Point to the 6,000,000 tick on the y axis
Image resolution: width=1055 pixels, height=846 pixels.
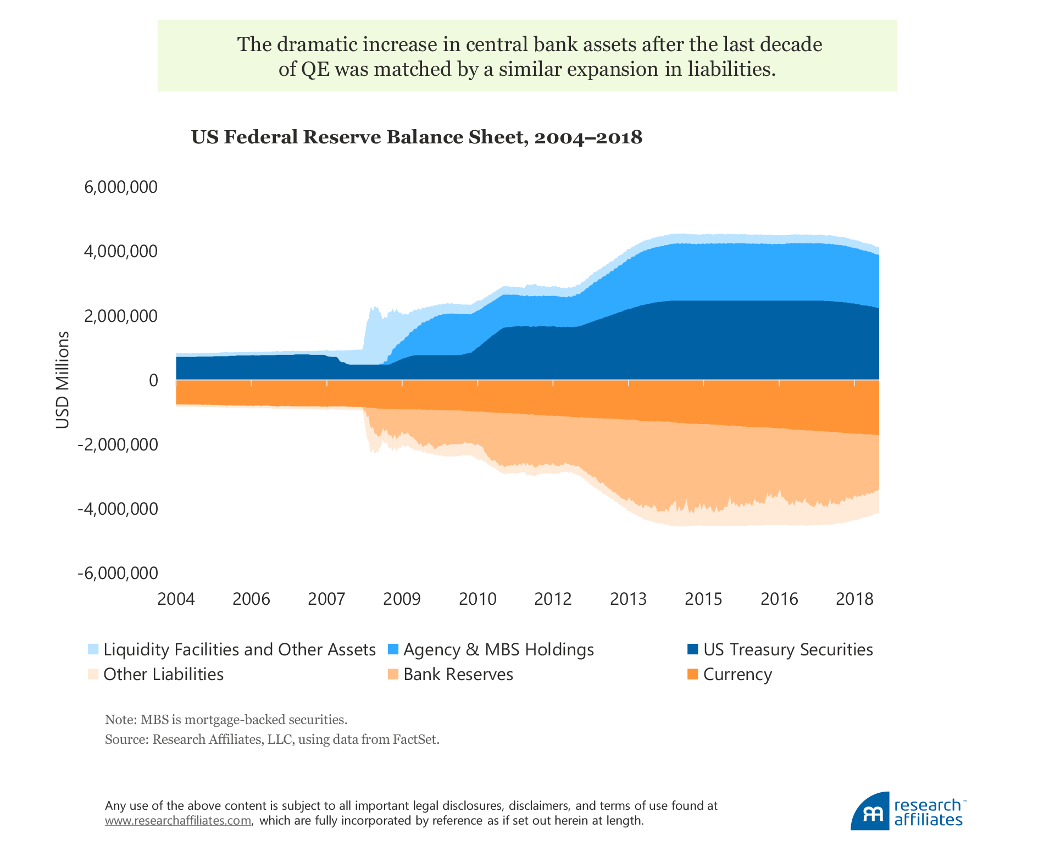(121, 187)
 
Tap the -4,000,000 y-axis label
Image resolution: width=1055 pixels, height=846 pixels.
(118, 509)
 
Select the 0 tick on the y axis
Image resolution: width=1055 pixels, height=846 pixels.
(153, 380)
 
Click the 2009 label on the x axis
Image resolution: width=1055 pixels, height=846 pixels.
(402, 599)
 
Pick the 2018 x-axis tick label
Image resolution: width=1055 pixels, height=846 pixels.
(854, 599)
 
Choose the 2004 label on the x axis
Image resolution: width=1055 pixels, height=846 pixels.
(176, 599)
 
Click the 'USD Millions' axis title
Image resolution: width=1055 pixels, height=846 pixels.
(63, 380)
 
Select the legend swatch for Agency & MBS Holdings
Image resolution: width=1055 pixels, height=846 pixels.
(393, 649)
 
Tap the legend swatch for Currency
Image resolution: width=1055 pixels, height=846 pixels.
(693, 674)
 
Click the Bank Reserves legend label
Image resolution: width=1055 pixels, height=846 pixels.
(458, 675)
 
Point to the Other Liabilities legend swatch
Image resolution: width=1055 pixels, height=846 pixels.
(93, 674)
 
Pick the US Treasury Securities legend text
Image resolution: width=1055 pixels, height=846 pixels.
(788, 650)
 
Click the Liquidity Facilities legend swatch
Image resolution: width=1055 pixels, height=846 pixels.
(93, 649)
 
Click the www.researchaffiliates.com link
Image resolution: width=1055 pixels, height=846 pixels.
(179, 821)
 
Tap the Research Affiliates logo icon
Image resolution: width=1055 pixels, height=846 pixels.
(870, 811)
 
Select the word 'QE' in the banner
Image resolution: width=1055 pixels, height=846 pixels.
(315, 70)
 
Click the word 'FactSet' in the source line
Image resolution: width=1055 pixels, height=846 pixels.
(415, 739)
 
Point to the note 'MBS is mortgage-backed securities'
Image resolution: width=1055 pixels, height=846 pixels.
(244, 720)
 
